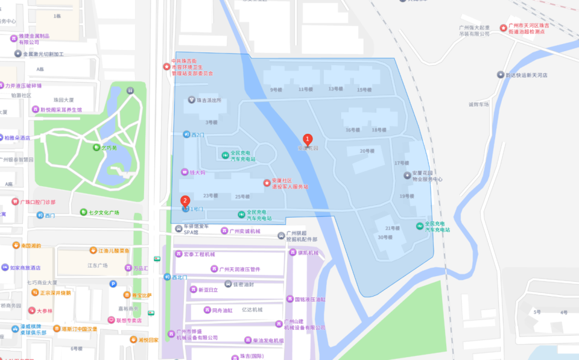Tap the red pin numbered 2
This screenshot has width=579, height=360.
[x=185, y=201]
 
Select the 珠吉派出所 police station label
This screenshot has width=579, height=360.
[x=205, y=100]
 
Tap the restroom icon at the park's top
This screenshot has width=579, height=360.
[x=130, y=90]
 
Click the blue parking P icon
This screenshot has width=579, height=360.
[x=113, y=284]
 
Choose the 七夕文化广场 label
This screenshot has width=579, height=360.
[x=100, y=212]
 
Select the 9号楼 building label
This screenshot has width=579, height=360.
[x=276, y=90]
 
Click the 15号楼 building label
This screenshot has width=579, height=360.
[x=364, y=90]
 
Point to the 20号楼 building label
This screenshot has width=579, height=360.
[x=367, y=151]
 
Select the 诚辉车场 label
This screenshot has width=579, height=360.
[x=478, y=104]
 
